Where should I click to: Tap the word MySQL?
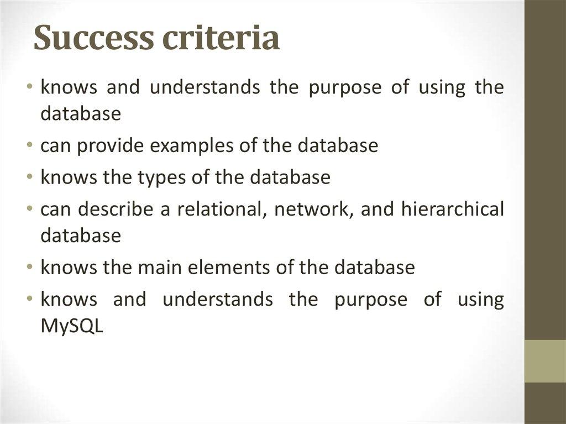[72, 326]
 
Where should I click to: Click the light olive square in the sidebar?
[544, 361]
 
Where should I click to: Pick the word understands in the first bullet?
[205, 87]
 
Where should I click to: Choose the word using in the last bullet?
[480, 300]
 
